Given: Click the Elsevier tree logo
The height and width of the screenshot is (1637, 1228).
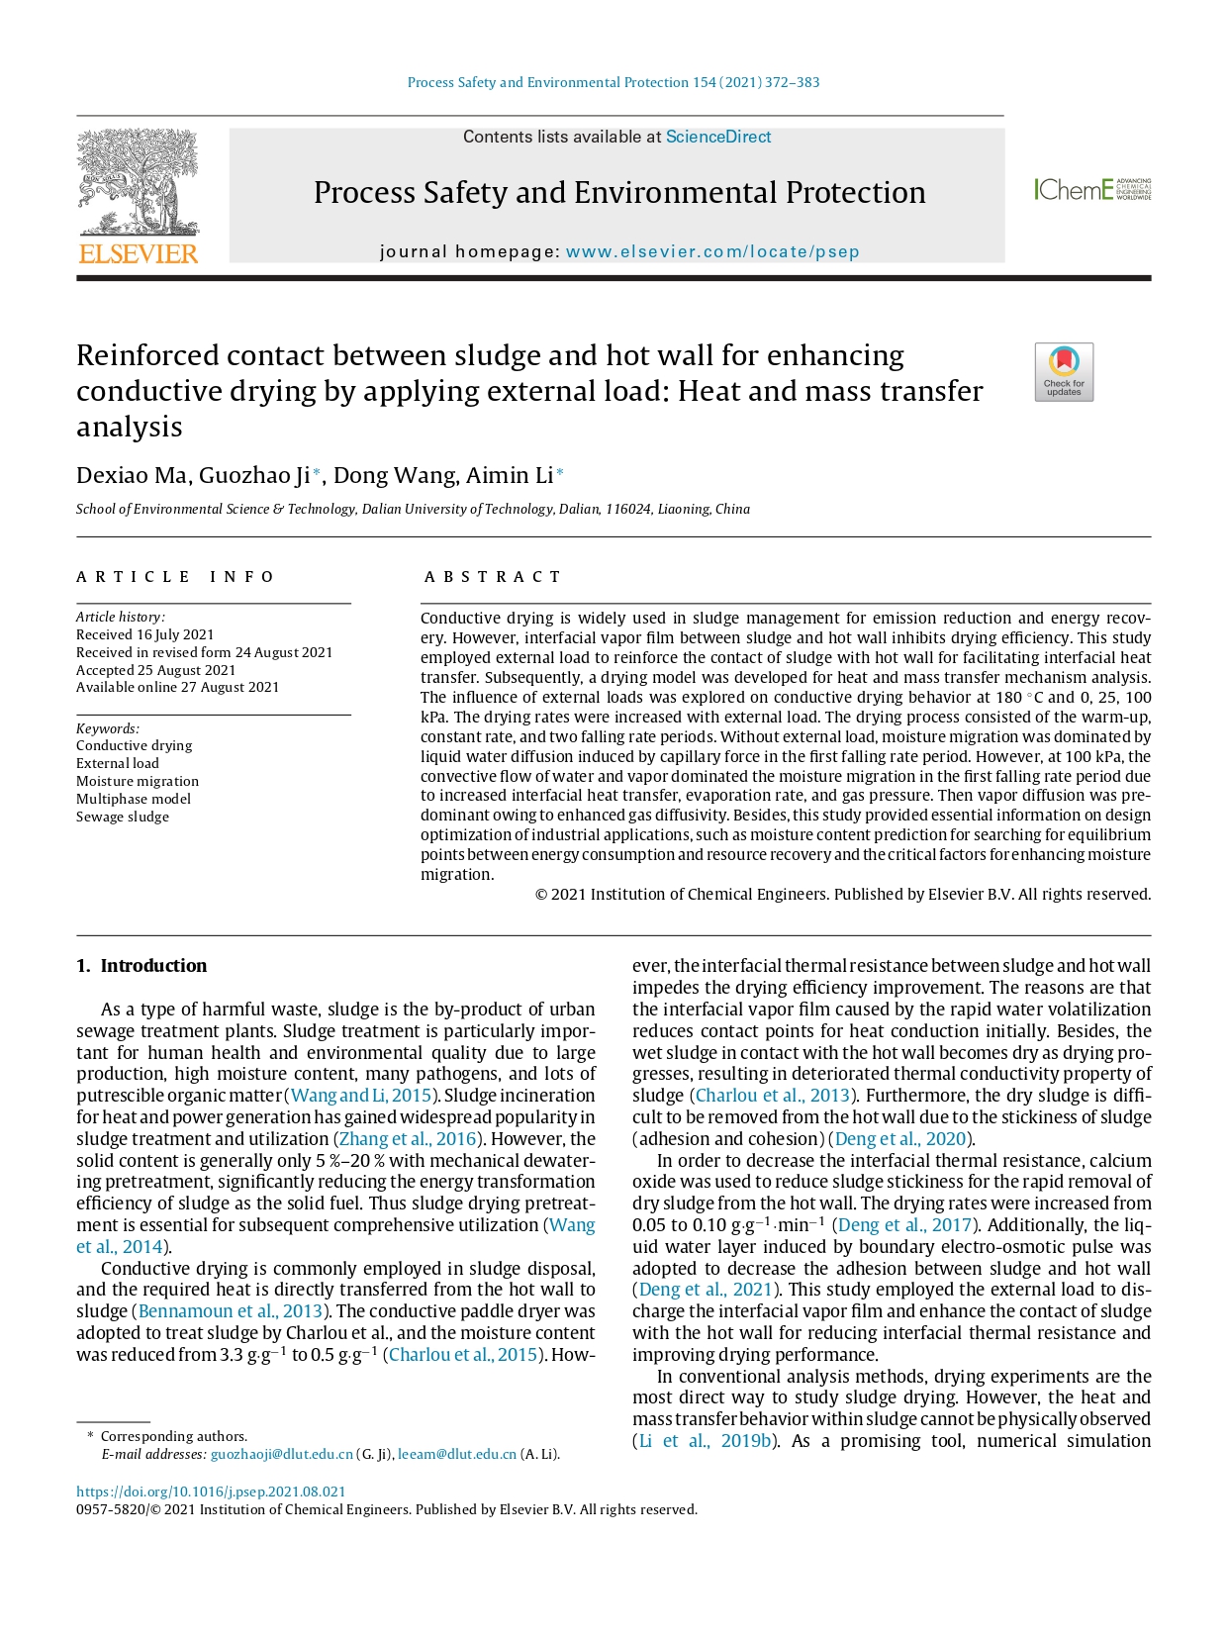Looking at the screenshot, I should coord(139,196).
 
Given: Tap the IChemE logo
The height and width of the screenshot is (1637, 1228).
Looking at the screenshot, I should coord(1091,189).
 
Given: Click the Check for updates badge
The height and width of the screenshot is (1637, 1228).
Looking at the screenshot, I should coord(1064,372).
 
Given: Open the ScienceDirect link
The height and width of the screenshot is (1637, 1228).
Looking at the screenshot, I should coord(717,137).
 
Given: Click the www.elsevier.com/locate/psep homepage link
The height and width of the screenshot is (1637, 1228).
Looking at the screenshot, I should coord(712,251).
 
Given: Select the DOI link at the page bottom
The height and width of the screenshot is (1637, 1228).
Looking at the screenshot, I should coord(211,1492).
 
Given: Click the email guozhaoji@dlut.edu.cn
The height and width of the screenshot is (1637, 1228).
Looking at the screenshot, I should coord(282,1454).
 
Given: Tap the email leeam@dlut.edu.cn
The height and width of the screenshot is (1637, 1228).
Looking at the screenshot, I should coord(457,1454).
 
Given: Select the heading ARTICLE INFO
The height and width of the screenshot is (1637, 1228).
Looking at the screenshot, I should coord(175,577).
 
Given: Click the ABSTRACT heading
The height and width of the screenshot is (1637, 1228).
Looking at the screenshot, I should coord(493,577).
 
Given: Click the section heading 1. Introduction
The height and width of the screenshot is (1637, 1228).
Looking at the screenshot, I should coord(142,966).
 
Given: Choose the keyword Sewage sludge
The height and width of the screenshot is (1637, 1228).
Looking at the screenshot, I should coord(123,817).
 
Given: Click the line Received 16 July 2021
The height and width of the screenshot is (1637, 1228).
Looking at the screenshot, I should coord(145,634).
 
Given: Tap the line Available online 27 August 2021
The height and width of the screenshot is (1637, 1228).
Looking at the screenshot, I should coord(178,687).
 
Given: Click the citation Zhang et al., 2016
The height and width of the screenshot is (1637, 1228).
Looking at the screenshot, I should coord(408,1139).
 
